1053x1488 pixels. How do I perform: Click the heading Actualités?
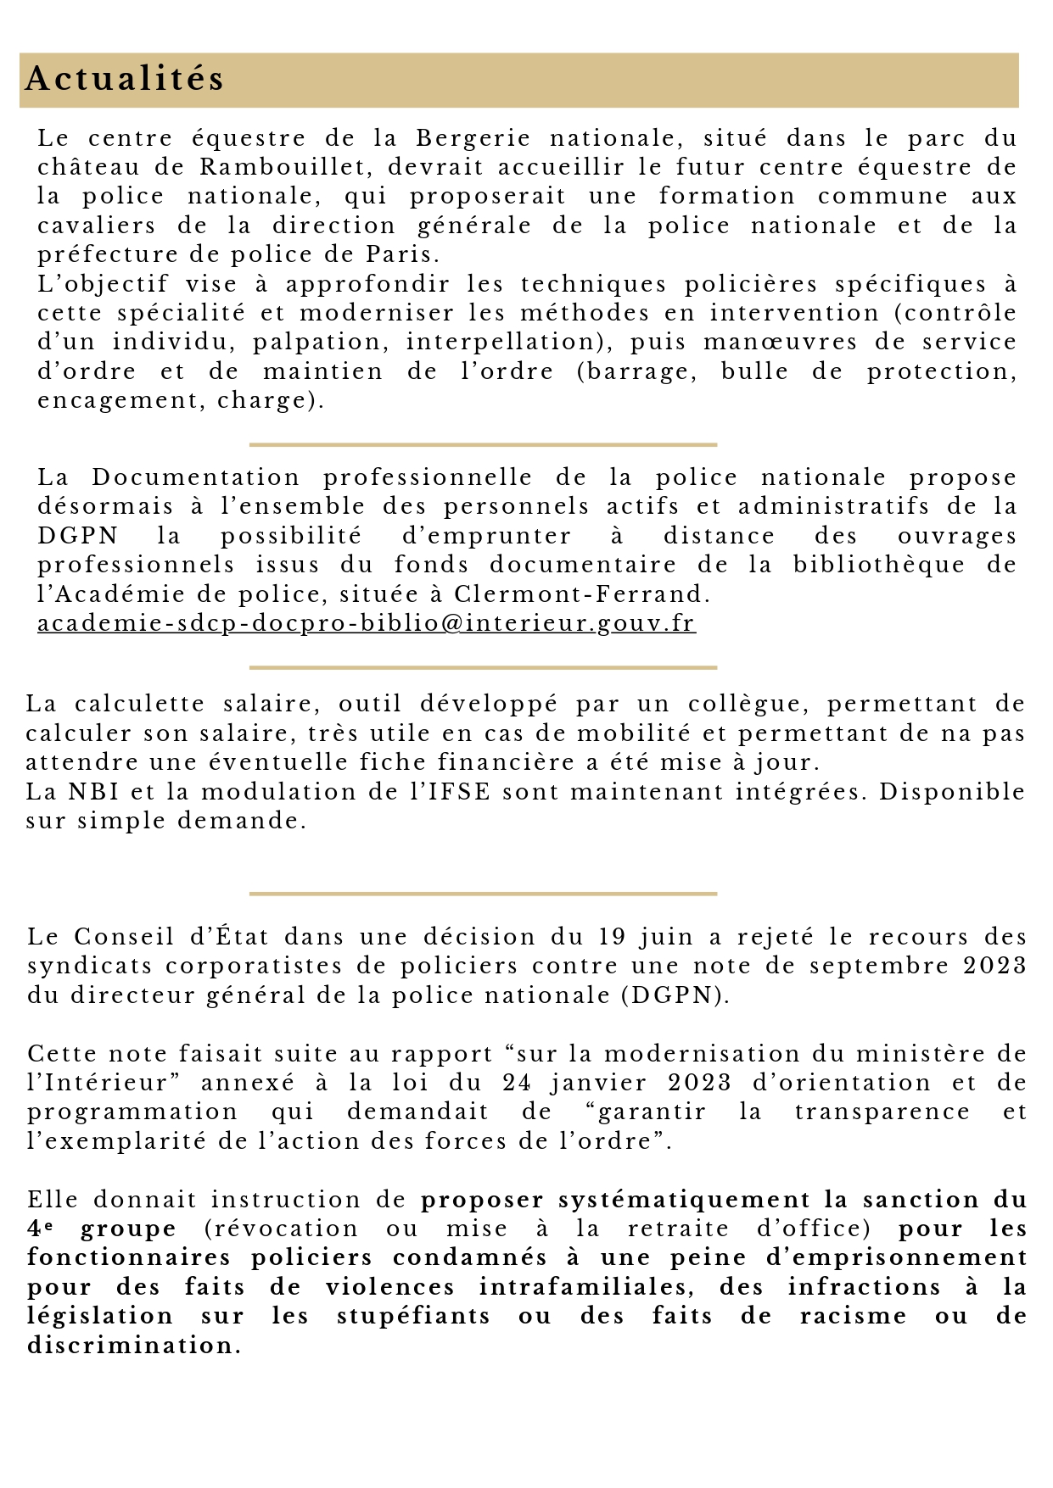[x=125, y=79]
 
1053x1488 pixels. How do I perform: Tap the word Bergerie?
[x=473, y=138]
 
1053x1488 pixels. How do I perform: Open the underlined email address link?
[x=367, y=623]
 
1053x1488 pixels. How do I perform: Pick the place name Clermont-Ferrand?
[x=581, y=594]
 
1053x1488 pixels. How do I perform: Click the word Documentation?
[x=196, y=477]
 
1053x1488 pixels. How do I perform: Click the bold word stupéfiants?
[x=413, y=1316]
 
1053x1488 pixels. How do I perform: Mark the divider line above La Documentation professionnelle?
[x=483, y=444]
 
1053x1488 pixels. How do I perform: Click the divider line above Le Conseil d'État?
[x=483, y=894]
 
